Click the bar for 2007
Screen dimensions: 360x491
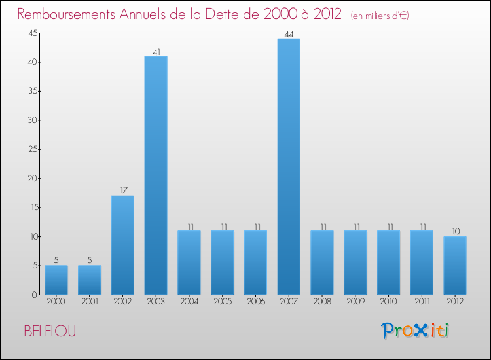289,167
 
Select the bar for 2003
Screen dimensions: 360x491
156,175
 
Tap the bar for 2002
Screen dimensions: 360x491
122,245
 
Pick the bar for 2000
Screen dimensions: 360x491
56,280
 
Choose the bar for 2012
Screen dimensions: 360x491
455,266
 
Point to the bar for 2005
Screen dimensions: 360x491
222,262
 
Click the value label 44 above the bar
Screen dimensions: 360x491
289,33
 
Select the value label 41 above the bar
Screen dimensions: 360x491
156,51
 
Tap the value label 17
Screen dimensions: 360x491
122,190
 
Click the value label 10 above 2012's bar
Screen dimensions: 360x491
455,231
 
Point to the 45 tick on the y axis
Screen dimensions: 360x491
31,33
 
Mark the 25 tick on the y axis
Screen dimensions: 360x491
31,149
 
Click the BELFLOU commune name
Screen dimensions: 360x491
50,331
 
